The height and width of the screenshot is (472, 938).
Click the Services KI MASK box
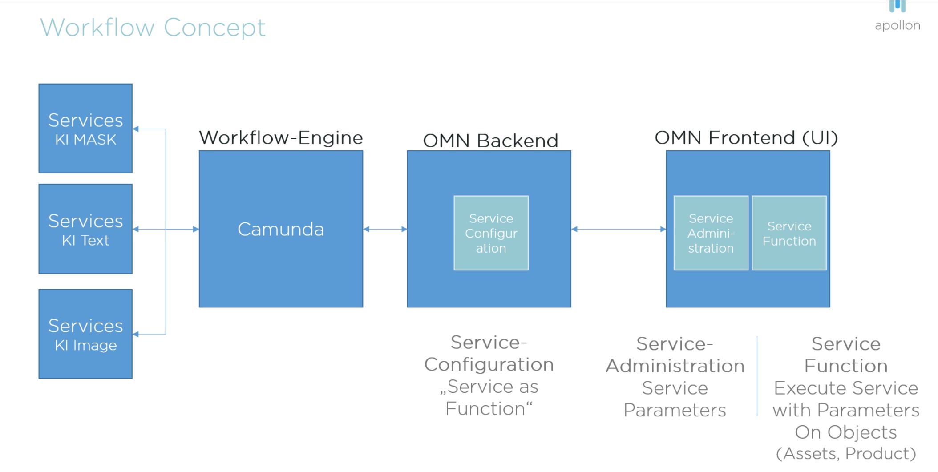[x=85, y=129]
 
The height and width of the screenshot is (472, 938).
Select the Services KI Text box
[x=85, y=229]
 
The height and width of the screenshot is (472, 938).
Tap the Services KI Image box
[x=85, y=334]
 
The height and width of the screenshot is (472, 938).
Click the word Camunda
[x=281, y=230]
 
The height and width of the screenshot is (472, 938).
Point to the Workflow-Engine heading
[x=281, y=138]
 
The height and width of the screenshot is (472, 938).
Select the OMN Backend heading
[x=490, y=141]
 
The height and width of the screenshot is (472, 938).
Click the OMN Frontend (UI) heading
[x=746, y=138]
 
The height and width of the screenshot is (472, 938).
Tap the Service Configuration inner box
[x=491, y=233]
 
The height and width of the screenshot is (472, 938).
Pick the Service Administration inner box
[x=711, y=233]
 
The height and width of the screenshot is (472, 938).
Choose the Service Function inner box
[x=789, y=233]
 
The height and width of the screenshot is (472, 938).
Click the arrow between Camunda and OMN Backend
[x=385, y=229]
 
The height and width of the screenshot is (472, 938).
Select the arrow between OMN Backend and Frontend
[x=619, y=229]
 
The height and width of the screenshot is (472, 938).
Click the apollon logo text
[x=897, y=25]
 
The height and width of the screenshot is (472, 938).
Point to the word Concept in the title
[x=214, y=28]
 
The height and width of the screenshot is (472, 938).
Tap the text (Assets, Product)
[x=845, y=453]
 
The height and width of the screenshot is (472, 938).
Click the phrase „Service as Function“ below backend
[x=489, y=398]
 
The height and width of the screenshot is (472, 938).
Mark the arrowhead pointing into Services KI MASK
[x=136, y=129]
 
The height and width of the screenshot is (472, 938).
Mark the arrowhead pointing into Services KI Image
[x=136, y=334]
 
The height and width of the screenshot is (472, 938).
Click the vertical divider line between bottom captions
[x=757, y=376]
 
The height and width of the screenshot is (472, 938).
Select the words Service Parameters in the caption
[x=675, y=399]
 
